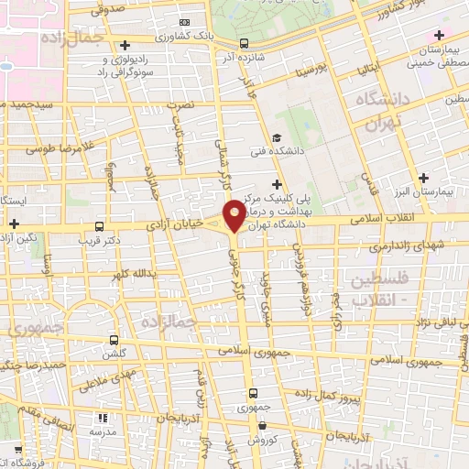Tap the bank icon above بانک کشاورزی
[x=186, y=22]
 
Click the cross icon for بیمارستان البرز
[x=422, y=178]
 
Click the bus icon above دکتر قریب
[x=99, y=225]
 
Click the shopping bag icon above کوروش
[x=263, y=425]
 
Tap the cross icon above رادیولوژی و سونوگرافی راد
[x=125, y=44]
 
